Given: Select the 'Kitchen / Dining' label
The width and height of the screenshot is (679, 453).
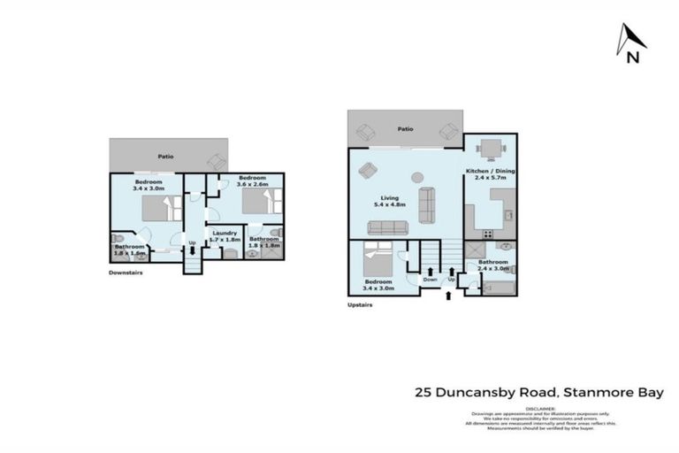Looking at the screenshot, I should (490, 170).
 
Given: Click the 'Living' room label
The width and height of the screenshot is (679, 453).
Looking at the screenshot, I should (390, 198).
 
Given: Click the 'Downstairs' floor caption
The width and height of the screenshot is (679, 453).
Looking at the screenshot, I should (126, 273).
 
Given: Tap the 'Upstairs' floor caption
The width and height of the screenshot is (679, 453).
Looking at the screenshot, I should (360, 303).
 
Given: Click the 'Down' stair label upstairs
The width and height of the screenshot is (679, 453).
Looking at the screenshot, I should (430, 280).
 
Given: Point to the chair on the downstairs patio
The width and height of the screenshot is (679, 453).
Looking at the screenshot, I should (216, 162).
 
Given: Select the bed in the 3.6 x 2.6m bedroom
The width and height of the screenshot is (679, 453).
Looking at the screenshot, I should (256, 203).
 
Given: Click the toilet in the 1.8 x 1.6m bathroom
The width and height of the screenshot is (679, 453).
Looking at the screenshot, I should (118, 241).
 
